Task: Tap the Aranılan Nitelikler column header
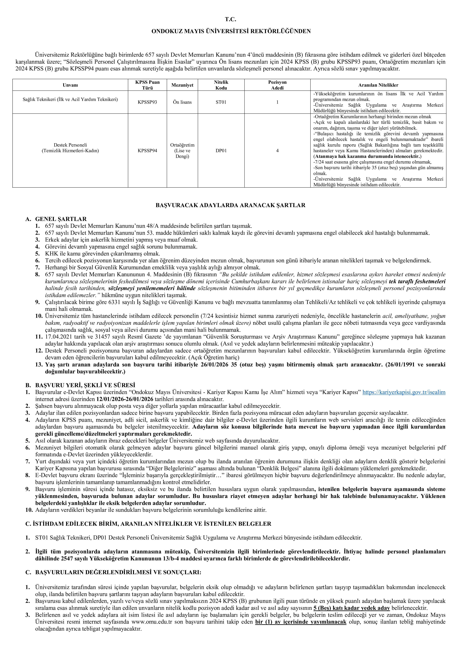[378, 85]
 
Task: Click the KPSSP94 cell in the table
[147, 150]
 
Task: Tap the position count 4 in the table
[277, 150]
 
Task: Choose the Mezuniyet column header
[182, 85]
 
